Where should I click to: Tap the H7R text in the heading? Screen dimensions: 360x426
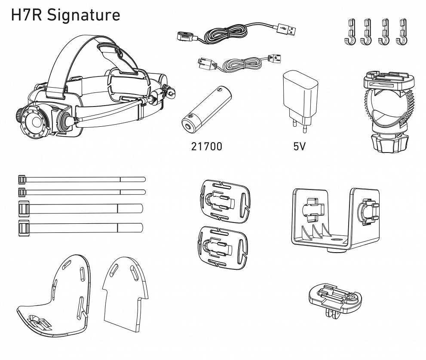[27, 15]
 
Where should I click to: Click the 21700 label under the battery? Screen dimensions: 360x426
[207, 146]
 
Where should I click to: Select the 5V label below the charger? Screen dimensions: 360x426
[299, 146]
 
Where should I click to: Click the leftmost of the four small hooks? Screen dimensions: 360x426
[349, 32]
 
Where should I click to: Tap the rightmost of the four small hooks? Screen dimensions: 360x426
[402, 32]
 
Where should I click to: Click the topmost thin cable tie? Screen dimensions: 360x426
[82, 179]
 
